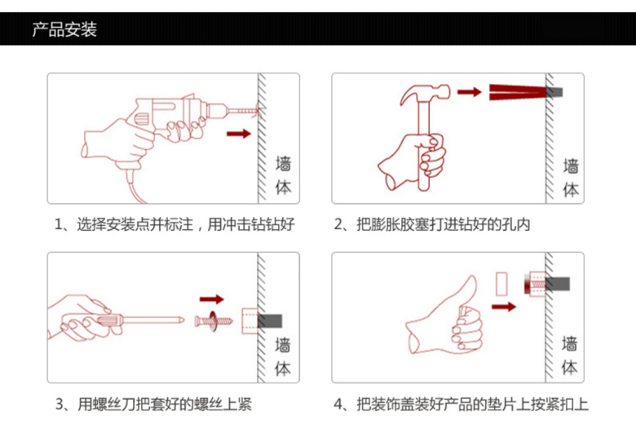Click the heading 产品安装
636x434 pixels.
click(64, 29)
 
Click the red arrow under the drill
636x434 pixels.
click(239, 134)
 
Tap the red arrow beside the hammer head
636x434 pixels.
click(470, 92)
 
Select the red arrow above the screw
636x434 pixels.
click(212, 299)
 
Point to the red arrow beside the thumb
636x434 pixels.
click(504, 307)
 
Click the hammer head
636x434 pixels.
click(425, 94)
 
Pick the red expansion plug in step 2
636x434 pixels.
click(518, 92)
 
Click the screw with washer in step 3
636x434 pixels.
click(214, 321)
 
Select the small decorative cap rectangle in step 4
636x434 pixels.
click(501, 284)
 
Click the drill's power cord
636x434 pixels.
click(135, 188)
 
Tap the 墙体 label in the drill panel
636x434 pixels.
click(283, 175)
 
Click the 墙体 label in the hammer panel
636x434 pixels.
click(571, 178)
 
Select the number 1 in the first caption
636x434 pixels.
click(58, 224)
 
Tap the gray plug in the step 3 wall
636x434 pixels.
click(270, 321)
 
